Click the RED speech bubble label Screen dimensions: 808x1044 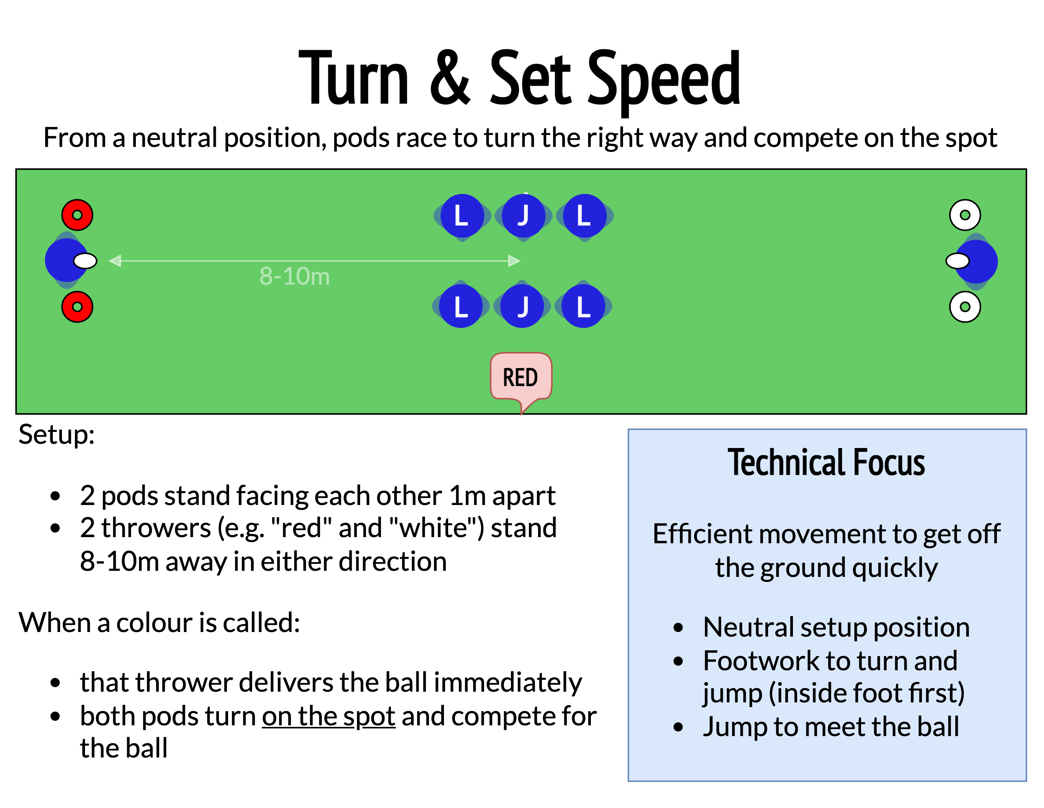tap(520, 377)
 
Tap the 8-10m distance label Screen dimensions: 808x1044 tap(294, 276)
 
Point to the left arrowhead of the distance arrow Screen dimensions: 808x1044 tap(115, 261)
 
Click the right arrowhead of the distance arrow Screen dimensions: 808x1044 tap(514, 261)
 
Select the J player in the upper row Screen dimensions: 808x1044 tap(524, 215)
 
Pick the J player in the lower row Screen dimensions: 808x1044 tap(522, 306)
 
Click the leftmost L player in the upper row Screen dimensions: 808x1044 tap(462, 215)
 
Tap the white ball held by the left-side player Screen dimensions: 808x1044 tap(85, 261)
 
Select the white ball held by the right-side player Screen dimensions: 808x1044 tap(958, 261)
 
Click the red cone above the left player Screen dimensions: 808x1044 tap(77, 215)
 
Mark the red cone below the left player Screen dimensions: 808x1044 tap(77, 307)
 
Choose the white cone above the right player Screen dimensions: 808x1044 tap(965, 215)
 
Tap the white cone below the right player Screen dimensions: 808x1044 tap(965, 307)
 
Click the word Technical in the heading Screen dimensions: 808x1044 tap(786, 463)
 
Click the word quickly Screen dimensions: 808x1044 tap(894, 568)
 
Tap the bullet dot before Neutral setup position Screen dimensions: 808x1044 tap(678, 628)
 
